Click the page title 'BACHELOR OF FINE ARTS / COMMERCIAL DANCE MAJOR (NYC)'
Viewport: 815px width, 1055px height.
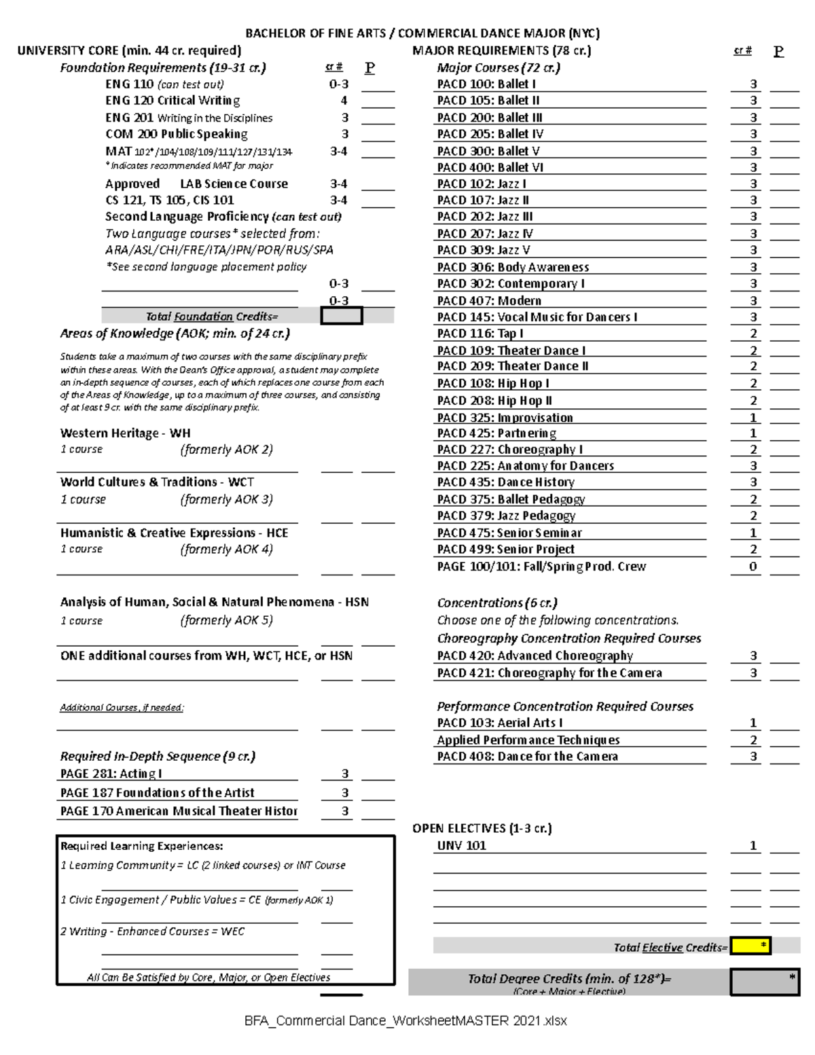click(422, 33)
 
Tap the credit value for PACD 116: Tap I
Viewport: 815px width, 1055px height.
click(753, 334)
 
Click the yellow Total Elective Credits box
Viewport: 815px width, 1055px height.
click(750, 946)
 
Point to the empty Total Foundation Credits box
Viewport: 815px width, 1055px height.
click(342, 316)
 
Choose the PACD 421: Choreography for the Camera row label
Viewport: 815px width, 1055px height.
click(549, 673)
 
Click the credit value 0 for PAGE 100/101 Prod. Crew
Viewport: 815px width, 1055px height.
click(753, 567)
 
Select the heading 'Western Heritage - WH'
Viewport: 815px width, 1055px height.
click(125, 433)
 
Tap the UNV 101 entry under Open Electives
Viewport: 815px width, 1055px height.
click(461, 846)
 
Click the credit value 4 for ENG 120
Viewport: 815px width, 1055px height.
click(344, 101)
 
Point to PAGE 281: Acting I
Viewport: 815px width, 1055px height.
click(111, 774)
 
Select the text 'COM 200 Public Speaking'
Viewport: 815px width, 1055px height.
click(176, 134)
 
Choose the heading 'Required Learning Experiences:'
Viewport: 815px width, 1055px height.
click(141, 846)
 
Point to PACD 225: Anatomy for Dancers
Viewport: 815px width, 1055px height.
click(525, 466)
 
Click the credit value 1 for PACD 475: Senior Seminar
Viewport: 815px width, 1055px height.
click(753, 533)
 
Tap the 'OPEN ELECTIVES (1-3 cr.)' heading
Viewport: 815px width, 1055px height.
click(482, 828)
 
